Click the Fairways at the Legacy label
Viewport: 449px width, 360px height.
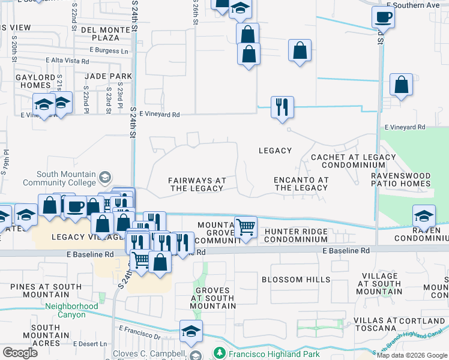197,184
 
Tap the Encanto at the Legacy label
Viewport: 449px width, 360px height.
301,184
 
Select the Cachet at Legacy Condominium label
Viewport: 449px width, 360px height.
345,161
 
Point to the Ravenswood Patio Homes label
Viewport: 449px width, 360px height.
409,179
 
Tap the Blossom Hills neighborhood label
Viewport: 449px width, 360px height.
296,280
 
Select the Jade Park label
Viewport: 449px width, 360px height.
108,76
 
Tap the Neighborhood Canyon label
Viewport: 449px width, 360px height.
71,310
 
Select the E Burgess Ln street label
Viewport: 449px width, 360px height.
108,51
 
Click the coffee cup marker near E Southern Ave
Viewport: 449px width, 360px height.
383,17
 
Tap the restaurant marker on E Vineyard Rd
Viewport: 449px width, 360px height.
282,107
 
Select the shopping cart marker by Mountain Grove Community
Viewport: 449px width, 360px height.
246,227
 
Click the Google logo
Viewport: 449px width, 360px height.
20,353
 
